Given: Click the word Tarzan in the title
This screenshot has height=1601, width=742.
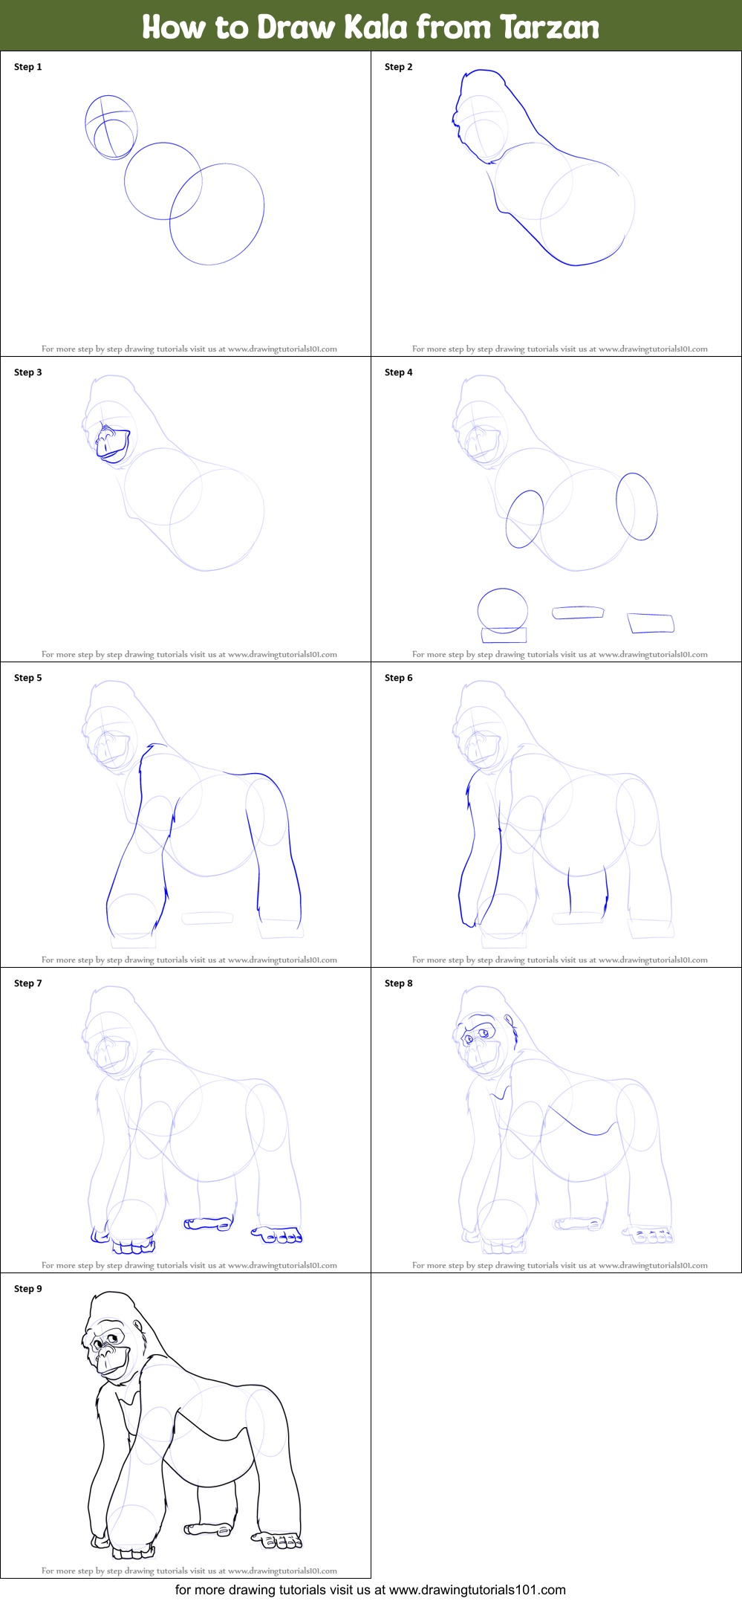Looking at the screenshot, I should [x=549, y=28].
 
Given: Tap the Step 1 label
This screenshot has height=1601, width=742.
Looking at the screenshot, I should [x=28, y=67].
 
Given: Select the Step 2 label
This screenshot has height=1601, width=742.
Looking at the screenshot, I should [x=399, y=67].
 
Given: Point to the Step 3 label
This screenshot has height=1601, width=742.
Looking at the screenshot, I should [x=28, y=372].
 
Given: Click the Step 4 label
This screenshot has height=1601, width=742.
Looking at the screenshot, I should [x=399, y=372].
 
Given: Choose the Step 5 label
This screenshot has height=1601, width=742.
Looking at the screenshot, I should [x=28, y=678].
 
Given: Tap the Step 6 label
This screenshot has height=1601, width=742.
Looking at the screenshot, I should [x=399, y=678].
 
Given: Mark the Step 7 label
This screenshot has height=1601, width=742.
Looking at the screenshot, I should [x=28, y=983].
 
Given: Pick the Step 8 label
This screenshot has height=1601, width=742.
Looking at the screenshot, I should [x=399, y=983].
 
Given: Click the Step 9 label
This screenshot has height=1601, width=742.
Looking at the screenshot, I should [x=28, y=1289].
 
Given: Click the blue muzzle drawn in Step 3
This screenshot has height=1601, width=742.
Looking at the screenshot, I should [x=112, y=444].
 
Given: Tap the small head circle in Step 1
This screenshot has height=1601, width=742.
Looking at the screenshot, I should [x=114, y=138].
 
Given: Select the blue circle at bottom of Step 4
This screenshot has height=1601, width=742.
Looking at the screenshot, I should [x=503, y=610].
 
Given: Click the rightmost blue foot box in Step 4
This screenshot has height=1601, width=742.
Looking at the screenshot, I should [x=651, y=623].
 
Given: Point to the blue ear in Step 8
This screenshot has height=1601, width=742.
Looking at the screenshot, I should [x=509, y=1021].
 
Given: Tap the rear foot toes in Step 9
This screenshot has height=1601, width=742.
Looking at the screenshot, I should [x=281, y=1543].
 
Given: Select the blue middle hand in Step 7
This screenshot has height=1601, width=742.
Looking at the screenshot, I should [x=208, y=1223].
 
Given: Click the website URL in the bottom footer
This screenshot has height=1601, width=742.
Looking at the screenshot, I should [x=477, y=1590].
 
